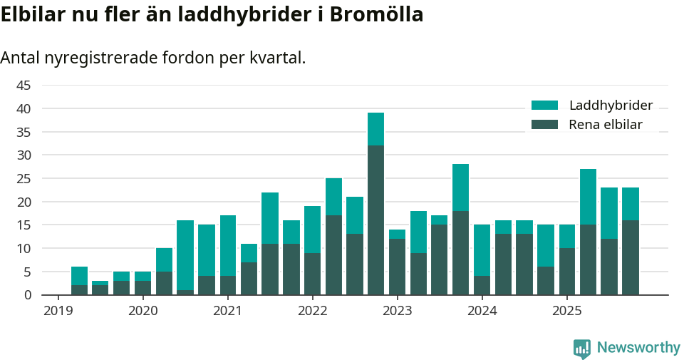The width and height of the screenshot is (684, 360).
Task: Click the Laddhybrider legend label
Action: (x=611, y=106)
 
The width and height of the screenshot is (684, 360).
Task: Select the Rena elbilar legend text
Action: (x=606, y=125)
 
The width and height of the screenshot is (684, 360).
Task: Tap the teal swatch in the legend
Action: (x=545, y=106)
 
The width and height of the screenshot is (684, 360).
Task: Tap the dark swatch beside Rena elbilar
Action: (x=545, y=125)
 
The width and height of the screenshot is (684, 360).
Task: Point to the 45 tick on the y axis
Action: (x=24, y=86)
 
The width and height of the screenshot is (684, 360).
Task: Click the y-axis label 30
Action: (x=24, y=155)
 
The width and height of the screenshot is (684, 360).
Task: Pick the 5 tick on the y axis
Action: (x=27, y=272)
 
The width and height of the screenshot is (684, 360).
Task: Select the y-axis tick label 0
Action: (x=27, y=295)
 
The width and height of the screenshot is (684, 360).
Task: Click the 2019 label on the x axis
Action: (x=58, y=311)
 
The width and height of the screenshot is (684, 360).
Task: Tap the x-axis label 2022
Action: (x=312, y=311)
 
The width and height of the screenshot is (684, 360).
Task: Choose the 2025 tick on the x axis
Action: (x=566, y=311)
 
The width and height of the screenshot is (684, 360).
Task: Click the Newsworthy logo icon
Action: (x=581, y=348)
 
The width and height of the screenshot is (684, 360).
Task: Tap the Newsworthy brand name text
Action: (x=638, y=348)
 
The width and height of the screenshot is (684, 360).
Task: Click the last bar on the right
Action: (x=630, y=242)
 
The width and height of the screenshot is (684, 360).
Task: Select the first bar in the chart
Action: (x=79, y=281)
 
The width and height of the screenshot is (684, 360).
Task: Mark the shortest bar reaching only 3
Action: (x=100, y=288)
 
